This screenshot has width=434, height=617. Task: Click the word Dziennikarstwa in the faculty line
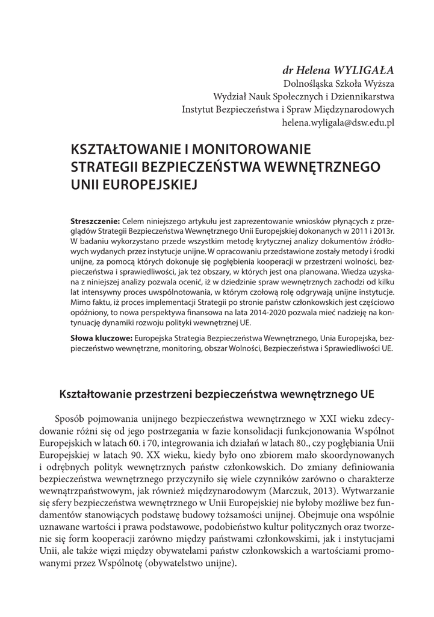point(365,96)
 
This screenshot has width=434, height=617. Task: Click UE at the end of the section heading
point(367,395)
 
